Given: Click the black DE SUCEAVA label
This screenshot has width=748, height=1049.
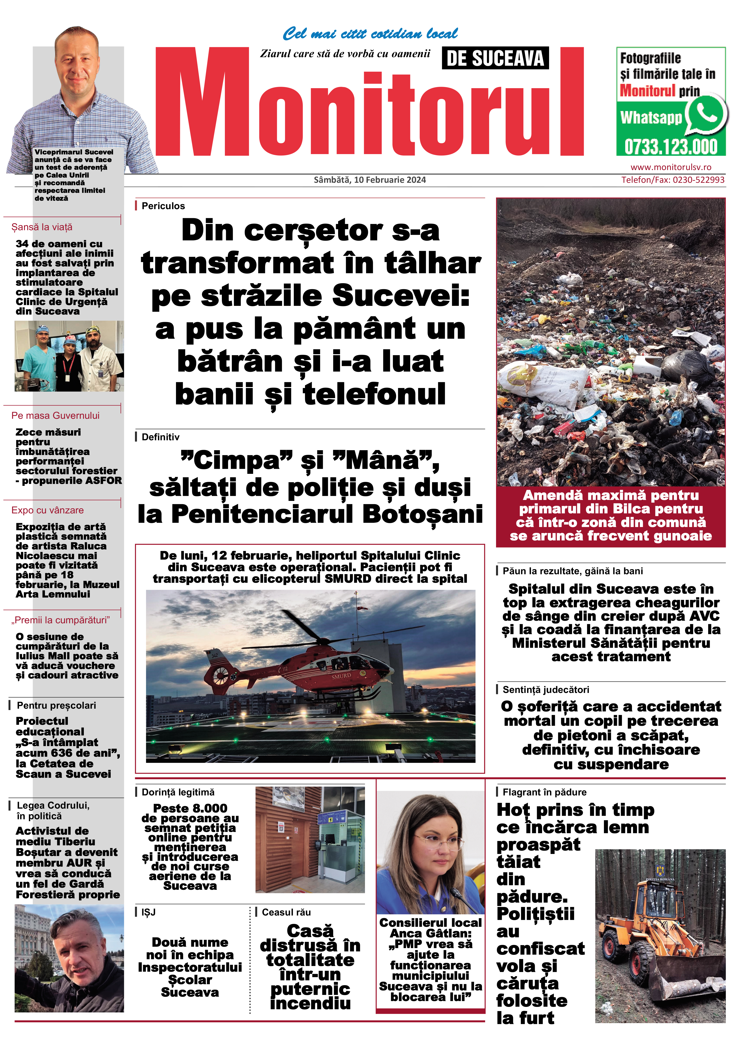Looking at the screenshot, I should [x=495, y=59].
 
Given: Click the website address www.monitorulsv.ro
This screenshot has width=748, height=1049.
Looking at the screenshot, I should [x=671, y=168].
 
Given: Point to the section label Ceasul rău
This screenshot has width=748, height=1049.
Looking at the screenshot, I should [x=286, y=912].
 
